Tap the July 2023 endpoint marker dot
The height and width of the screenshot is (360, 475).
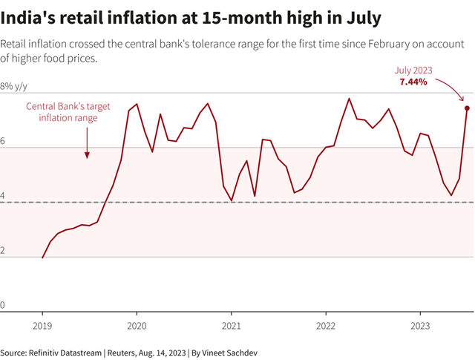click(467, 108)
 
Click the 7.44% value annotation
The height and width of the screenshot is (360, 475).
click(413, 82)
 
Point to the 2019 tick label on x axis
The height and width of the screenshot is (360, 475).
click(42, 326)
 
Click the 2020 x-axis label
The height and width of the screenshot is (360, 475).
click(137, 326)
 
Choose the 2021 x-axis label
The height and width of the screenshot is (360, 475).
click(232, 326)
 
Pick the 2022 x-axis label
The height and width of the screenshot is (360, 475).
click(327, 326)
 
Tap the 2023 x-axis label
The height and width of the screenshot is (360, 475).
click(421, 326)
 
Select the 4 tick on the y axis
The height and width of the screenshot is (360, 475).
click(4, 197)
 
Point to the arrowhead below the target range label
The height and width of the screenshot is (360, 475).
click(87, 155)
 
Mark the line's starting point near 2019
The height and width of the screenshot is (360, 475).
click(42, 258)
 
